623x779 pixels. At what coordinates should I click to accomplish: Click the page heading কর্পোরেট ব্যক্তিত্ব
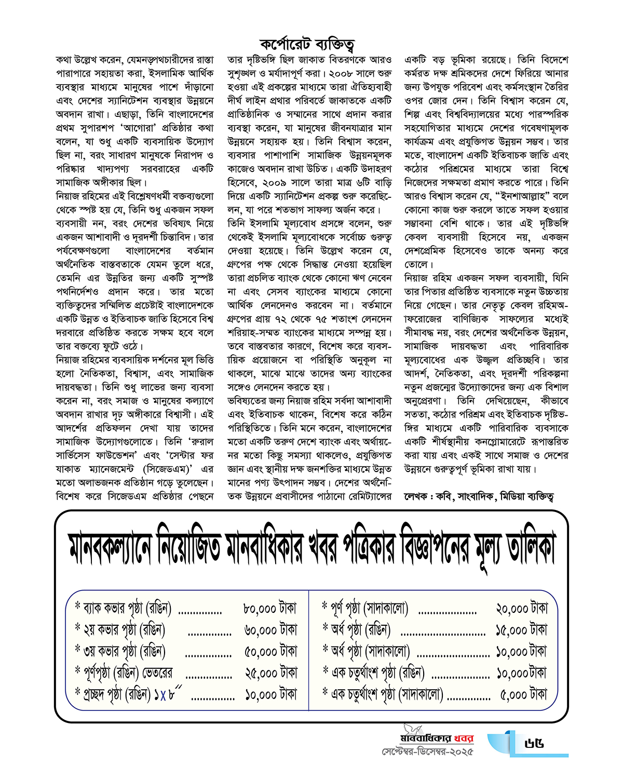(x=307, y=44)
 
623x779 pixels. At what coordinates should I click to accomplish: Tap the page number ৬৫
(x=534, y=744)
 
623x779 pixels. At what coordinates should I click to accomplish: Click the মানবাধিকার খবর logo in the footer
(x=437, y=737)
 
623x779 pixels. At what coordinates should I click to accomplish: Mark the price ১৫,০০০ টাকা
(x=521, y=630)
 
